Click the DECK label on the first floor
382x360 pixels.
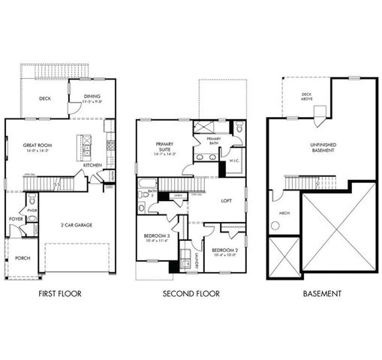point(45,97)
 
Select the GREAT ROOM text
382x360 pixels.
point(35,147)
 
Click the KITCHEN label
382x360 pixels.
point(104,165)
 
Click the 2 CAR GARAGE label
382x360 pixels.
point(77,224)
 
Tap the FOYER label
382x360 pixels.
point(16,220)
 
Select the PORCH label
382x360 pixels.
point(23,258)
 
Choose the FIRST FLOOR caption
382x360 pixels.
point(59,294)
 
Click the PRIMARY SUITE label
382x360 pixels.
point(164,147)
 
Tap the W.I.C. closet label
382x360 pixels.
point(233,158)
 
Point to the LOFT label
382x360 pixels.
point(225,200)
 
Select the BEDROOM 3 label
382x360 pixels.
point(158,237)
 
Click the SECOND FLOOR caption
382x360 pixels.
point(191,294)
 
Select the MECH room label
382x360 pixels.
point(284,212)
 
